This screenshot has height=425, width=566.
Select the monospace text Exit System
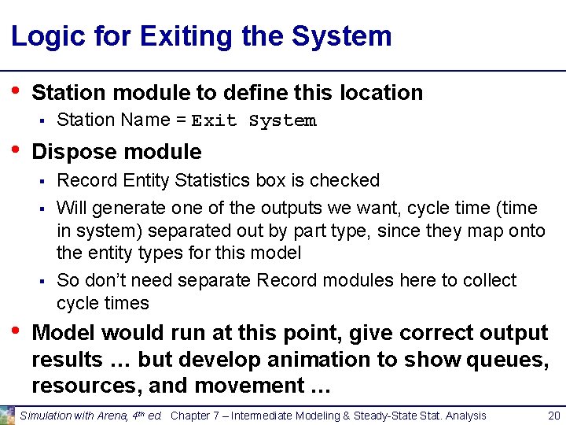pos(254,120)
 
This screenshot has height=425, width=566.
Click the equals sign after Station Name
pos(180,120)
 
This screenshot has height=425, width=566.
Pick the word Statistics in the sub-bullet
pos(212,180)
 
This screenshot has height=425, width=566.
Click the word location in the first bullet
pos(381,93)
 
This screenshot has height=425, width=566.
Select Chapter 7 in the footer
pos(197,416)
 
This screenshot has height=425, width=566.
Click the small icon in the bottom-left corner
pos(8,416)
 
